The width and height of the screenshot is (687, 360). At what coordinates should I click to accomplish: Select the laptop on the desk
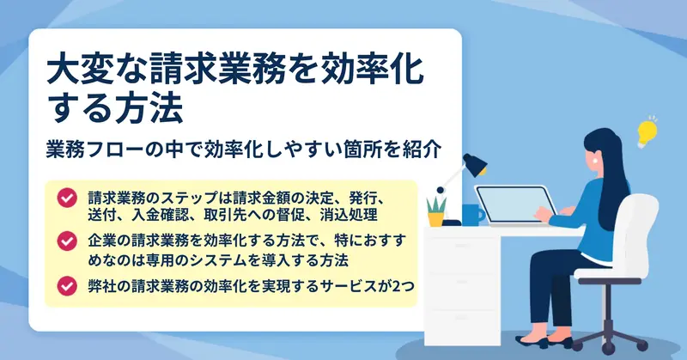click(514, 205)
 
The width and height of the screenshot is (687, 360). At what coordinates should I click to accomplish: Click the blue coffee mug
click(473, 215)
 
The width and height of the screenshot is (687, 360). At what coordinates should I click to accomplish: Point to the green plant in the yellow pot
click(436, 211)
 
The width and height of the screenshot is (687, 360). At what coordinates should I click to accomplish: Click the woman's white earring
click(595, 161)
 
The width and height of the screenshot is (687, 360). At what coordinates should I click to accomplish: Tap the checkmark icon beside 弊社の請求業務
click(67, 286)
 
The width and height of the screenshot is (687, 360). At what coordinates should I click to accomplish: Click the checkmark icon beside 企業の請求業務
click(67, 241)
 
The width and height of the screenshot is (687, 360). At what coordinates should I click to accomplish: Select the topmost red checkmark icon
click(67, 198)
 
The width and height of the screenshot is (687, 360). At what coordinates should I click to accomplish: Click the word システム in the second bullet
click(240, 260)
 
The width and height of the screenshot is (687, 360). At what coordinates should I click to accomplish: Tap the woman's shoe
click(531, 341)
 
